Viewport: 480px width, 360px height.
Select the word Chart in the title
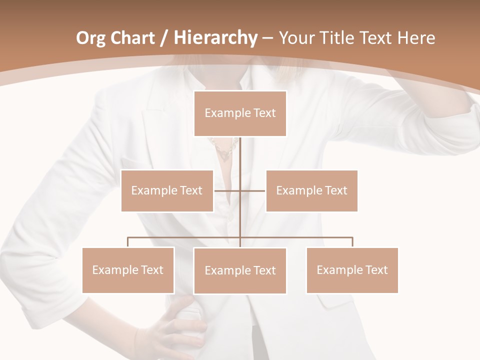131,38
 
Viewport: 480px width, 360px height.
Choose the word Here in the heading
416,38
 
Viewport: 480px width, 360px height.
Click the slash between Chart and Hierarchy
162,38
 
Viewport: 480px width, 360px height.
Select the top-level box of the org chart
240,113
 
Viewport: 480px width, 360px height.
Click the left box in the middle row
167,190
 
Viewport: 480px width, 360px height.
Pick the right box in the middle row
311,190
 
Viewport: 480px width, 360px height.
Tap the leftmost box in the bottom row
128,270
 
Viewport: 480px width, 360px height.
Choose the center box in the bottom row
240,270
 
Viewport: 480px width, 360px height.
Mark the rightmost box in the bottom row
352,270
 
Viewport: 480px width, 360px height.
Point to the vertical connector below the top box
240,155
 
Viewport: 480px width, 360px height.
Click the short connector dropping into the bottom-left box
128,242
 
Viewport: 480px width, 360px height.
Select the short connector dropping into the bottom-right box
352,242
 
